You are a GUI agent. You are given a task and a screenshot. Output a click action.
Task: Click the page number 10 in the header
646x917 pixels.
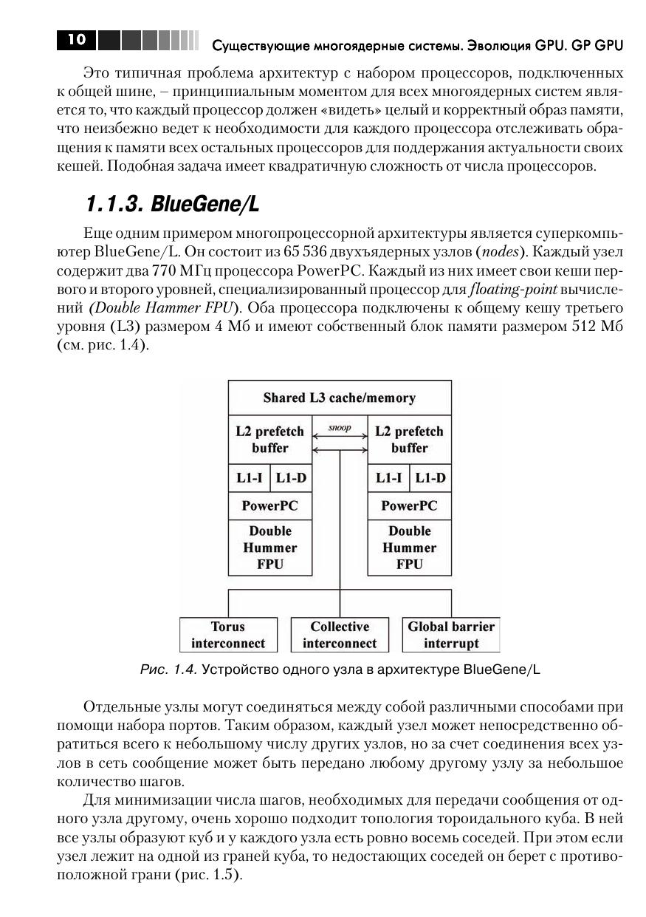[76, 41]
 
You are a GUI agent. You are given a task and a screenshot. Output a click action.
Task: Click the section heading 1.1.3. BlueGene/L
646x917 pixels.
[171, 202]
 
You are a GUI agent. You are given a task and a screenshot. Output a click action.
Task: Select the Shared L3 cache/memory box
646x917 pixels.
[340, 398]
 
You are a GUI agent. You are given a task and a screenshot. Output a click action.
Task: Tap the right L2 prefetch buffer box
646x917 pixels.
[409, 439]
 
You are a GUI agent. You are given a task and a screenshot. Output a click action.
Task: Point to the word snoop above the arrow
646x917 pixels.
[340, 428]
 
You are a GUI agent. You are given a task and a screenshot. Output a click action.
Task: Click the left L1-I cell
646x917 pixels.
[250, 478]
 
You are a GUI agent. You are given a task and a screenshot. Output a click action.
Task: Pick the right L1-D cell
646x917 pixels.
[430, 478]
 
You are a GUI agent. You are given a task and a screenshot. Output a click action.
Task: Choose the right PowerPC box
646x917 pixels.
[409, 506]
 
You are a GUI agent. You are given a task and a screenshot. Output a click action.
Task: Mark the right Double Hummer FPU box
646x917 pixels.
[409, 548]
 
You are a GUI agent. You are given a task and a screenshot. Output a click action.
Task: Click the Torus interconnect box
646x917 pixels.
[228, 635]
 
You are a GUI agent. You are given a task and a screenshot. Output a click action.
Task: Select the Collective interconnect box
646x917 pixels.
[340, 635]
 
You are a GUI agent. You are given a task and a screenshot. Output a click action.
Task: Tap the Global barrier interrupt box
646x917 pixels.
[451, 635]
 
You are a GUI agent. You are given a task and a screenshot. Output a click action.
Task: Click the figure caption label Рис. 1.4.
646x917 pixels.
[169, 670]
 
